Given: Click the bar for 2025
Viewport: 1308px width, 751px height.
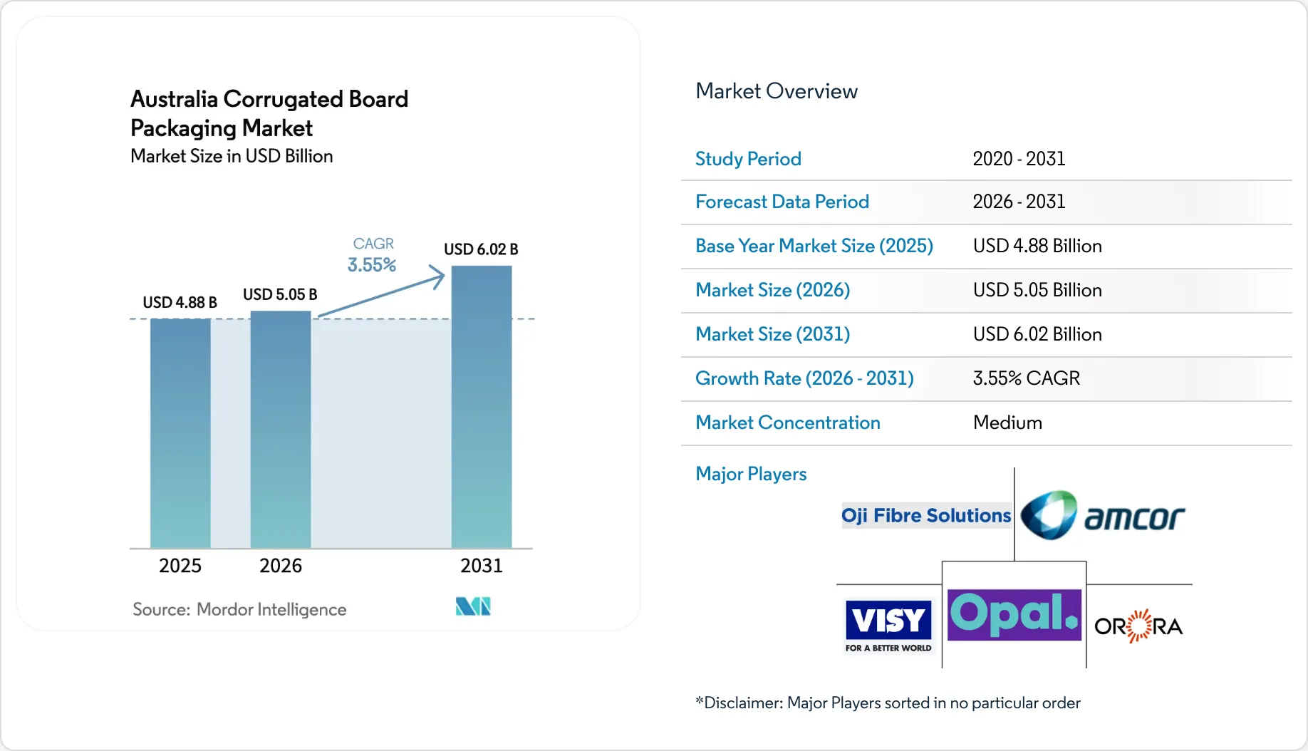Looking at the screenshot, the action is click(180, 433).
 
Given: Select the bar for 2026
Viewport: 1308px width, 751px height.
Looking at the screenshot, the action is click(281, 430).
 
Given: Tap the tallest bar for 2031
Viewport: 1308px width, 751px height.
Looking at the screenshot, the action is click(482, 407).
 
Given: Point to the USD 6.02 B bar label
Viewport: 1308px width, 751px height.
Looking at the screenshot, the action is click(481, 249).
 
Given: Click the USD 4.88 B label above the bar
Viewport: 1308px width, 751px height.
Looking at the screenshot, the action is click(180, 302).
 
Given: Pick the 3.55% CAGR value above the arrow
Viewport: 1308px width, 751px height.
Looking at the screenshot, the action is click(372, 265).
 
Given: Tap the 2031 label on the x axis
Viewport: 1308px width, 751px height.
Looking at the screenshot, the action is click(482, 566).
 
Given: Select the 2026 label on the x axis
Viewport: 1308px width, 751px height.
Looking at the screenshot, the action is click(281, 566).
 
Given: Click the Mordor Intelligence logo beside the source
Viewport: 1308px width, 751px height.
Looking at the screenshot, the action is click(473, 606).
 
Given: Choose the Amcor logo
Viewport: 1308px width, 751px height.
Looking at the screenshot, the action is click(1103, 515).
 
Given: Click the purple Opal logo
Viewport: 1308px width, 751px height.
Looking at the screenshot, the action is click(1014, 615).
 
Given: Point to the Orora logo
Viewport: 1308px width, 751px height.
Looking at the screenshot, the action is click(1138, 626).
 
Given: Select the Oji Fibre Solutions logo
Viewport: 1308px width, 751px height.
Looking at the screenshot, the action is click(926, 515).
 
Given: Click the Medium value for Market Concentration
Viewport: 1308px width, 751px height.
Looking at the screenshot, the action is click(1007, 423).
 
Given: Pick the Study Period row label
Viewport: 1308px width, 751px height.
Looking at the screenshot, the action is click(748, 159).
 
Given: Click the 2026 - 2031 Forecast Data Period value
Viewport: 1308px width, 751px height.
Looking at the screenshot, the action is click(1019, 202).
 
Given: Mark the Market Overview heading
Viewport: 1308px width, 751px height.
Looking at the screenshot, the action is click(777, 91).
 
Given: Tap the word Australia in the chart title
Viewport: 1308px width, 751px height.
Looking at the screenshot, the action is click(174, 99).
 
